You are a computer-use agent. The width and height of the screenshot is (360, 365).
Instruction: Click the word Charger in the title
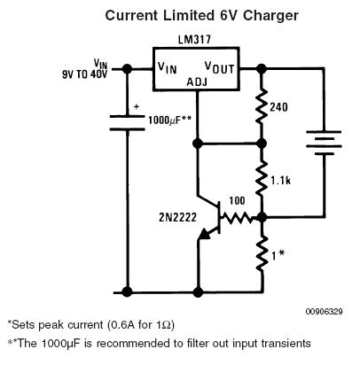click(x=270, y=16)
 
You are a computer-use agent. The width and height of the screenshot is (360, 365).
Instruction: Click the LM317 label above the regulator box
click(x=194, y=40)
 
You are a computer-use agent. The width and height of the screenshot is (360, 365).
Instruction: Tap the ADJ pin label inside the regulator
click(x=197, y=82)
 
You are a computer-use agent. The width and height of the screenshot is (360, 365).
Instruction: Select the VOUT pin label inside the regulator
click(x=219, y=67)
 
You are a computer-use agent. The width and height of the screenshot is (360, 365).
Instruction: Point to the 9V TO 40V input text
click(x=84, y=74)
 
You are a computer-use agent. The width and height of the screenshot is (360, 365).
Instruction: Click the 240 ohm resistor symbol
click(x=261, y=106)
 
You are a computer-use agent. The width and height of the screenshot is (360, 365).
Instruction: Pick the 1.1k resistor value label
click(x=280, y=180)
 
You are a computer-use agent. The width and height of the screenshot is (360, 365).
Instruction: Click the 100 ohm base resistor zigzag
click(x=237, y=218)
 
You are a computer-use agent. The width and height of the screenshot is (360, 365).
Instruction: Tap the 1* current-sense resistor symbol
click(x=261, y=253)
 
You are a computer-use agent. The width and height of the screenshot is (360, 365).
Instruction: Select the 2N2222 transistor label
click(x=177, y=218)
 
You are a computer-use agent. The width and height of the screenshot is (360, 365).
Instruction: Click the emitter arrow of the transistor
click(x=205, y=235)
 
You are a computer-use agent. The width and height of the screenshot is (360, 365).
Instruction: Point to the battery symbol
click(x=324, y=143)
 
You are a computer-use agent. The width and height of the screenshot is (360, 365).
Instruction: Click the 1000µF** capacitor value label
click(x=169, y=120)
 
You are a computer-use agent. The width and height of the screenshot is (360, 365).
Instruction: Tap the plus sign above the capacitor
click(x=137, y=106)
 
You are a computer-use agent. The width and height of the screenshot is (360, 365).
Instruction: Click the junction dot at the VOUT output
click(x=261, y=69)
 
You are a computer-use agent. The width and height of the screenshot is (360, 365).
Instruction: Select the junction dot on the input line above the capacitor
click(x=127, y=69)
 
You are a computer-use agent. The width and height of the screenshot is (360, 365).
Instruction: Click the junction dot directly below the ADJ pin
click(x=198, y=144)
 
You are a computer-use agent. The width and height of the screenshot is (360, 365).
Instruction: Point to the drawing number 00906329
click(x=325, y=312)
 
